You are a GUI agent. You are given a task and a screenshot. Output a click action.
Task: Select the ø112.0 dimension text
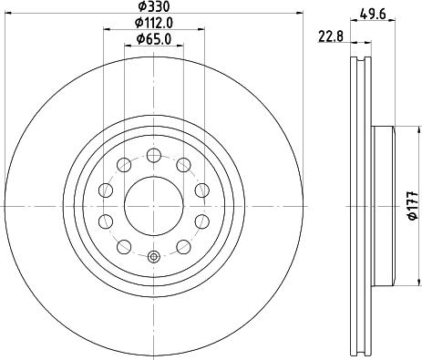[x=152, y=22]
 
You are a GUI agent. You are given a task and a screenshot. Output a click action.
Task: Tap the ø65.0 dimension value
[x=152, y=38]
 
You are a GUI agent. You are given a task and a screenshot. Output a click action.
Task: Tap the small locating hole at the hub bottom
[x=153, y=257]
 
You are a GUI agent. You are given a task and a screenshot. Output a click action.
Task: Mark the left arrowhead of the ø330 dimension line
[x=10, y=13]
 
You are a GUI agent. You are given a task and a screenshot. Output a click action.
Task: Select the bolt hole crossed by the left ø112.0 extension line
[x=106, y=190]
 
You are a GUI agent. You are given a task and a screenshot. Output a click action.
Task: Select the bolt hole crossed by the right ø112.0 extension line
[x=200, y=190]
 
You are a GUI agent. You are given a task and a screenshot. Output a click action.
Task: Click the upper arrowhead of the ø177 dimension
[x=402, y=125]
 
